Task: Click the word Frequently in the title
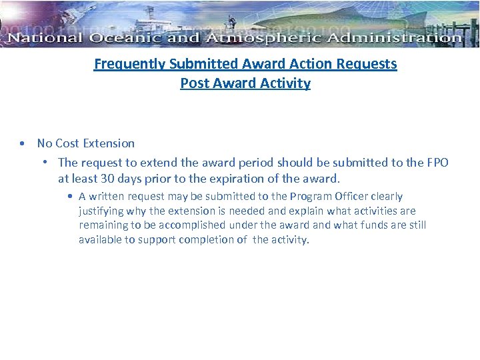pos(129,64)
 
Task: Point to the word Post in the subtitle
pos(194,83)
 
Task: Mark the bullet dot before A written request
pos(70,197)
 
